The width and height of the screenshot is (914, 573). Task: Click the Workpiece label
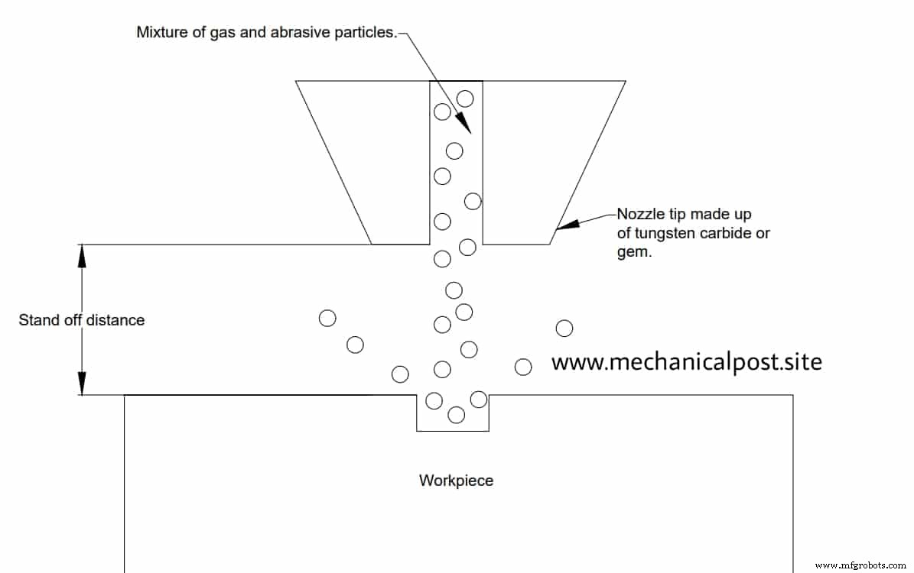(456, 481)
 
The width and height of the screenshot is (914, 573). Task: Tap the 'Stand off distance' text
(81, 320)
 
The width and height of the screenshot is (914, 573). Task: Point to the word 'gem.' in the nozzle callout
(634, 252)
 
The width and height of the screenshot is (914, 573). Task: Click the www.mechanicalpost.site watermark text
(686, 361)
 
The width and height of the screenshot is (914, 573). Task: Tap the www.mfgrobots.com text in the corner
(862, 565)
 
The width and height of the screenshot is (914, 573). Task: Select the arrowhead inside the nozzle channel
(463, 125)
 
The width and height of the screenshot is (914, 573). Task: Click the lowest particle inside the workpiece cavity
(456, 415)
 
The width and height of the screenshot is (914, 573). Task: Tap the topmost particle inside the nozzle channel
(465, 98)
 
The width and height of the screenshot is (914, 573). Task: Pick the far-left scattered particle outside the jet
(327, 319)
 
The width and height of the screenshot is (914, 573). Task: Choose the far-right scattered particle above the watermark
(564, 328)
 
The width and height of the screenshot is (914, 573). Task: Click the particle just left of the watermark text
(523, 367)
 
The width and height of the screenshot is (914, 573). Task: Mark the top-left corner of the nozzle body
(296, 81)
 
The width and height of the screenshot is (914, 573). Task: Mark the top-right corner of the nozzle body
(626, 81)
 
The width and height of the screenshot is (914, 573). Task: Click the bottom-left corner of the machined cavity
(417, 431)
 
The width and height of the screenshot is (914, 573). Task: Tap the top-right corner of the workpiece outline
(792, 395)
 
